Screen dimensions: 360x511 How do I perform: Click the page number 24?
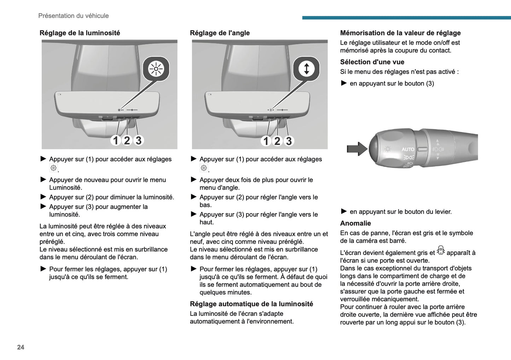tap(21, 347)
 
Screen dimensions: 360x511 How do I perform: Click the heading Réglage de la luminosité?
tap(80, 33)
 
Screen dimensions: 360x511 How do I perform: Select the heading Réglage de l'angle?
tap(220, 33)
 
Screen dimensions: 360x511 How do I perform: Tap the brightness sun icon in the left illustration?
tap(156, 69)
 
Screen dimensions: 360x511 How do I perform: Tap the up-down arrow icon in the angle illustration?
tap(306, 69)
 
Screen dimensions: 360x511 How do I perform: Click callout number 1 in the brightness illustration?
tap(115, 140)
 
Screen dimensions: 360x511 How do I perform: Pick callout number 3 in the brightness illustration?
tap(139, 140)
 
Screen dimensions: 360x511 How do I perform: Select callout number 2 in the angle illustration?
tap(277, 141)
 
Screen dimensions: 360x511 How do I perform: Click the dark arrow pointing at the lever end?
tap(357, 149)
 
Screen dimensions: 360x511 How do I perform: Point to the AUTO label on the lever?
tap(408, 149)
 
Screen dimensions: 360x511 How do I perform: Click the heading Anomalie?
tap(355, 223)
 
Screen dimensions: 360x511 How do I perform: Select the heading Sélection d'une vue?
tap(372, 62)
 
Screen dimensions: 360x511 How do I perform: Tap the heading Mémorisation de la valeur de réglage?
tap(400, 33)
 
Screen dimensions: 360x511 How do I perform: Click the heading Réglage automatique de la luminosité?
tap(251, 304)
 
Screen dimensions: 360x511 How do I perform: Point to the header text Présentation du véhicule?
tap(74, 16)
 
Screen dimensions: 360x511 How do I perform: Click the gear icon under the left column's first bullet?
tap(54, 168)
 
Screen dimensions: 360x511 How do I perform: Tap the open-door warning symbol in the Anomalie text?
tap(441, 250)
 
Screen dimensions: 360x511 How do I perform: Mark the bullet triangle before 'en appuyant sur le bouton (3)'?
tap(344, 83)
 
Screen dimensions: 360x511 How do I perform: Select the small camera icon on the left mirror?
tap(59, 94)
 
